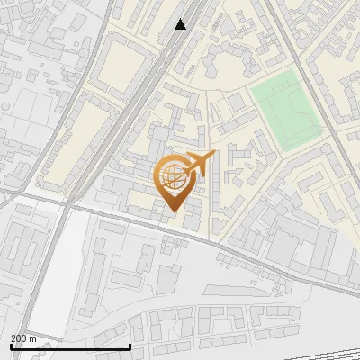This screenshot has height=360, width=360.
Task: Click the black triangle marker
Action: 181,24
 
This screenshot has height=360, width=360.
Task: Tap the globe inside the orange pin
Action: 174,178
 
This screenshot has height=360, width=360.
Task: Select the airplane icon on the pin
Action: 199,164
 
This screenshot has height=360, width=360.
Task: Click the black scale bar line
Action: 69,346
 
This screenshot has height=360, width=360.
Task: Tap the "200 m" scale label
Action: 23,338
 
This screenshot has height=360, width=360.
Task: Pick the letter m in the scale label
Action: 32,338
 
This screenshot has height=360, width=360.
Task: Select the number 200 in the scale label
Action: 19,338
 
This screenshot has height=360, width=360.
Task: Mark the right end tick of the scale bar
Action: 130,346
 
